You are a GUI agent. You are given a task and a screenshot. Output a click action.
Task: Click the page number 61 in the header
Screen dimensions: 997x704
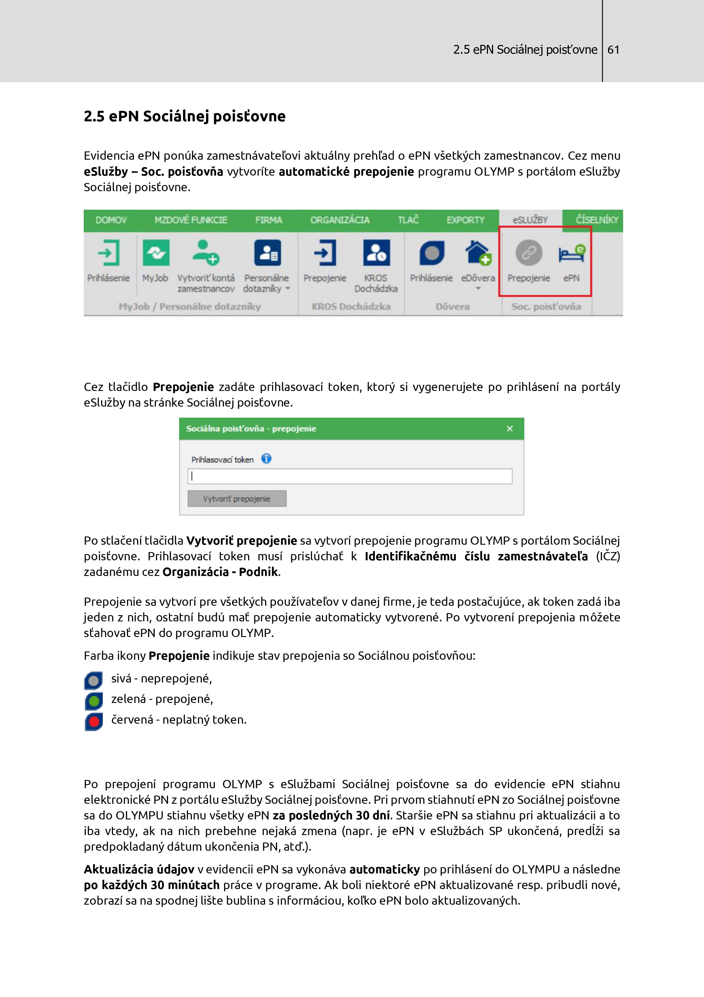613,50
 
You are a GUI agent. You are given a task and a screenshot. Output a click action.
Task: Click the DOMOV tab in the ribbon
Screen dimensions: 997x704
111,220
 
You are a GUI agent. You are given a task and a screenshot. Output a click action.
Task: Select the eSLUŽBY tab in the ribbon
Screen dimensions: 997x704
530,220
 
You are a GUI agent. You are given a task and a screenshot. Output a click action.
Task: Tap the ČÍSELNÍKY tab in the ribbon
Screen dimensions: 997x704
597,220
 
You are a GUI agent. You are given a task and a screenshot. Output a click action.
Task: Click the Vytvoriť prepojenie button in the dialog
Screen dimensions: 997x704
237,498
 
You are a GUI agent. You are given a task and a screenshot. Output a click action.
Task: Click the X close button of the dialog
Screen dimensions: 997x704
510,428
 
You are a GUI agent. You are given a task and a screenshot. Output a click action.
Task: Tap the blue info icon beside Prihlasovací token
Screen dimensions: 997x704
266,459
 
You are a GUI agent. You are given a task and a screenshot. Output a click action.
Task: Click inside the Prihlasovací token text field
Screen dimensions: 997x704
350,476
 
